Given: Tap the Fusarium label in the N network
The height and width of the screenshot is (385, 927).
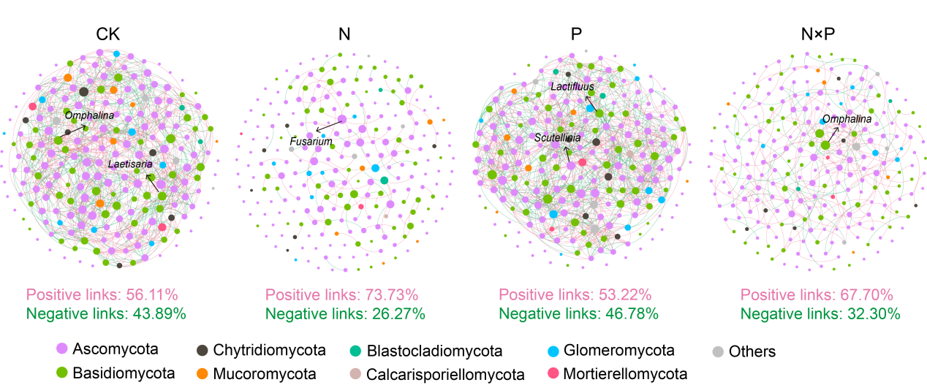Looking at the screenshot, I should (x=311, y=141).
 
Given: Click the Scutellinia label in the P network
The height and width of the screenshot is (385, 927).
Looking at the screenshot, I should (x=557, y=137).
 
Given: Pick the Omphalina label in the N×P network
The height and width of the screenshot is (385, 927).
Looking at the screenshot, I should (x=847, y=118).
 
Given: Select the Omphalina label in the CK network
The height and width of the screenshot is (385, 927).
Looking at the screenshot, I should (x=86, y=115).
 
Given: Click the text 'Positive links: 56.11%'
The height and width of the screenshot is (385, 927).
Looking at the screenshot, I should (x=102, y=295).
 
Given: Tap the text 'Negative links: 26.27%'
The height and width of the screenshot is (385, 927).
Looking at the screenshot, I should (x=345, y=313).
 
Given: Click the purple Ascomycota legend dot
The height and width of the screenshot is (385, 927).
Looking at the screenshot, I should (x=62, y=350).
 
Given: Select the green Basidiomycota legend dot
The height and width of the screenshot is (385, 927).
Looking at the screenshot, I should (x=62, y=373).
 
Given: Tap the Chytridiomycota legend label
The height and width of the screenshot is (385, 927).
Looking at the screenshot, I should (x=270, y=351).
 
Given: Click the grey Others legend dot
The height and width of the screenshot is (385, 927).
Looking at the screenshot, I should (x=716, y=351).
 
